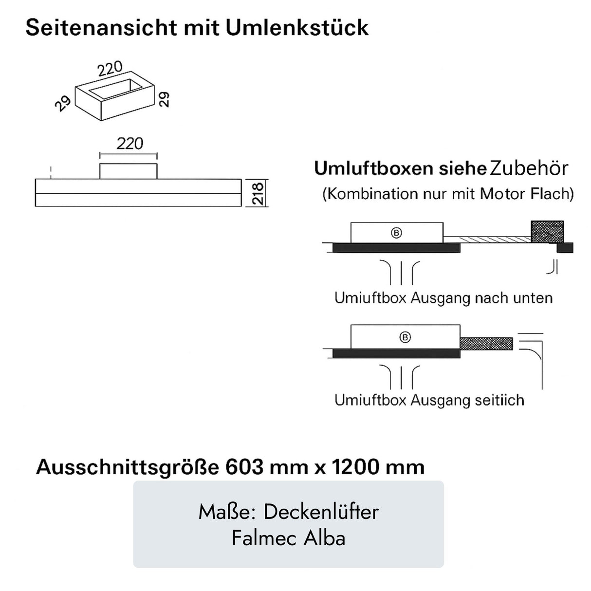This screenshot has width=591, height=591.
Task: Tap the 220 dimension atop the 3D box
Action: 110,70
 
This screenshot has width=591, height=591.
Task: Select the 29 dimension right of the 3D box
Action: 165,99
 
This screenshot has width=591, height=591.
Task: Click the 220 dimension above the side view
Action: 130,144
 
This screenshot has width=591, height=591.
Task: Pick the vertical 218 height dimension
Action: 258,193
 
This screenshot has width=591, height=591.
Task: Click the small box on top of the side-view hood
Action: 129,171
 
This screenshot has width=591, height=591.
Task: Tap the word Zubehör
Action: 529,168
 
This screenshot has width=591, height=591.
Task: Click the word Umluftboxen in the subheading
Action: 373,168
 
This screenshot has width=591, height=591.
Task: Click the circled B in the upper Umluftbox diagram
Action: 396,233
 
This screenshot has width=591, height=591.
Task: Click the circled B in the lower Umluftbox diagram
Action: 405,337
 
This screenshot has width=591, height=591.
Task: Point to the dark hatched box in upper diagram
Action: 547,231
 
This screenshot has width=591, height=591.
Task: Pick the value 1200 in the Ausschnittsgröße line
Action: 355,467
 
